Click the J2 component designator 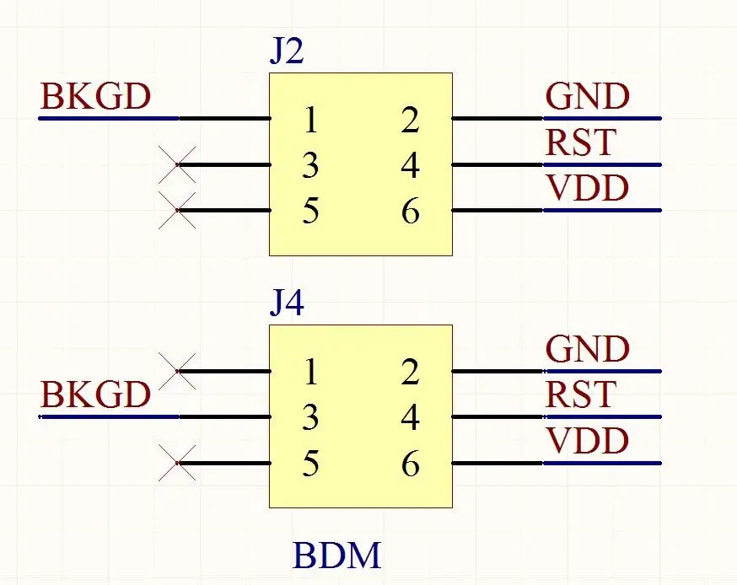click(x=287, y=53)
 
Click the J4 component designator click(x=287, y=303)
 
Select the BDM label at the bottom click(x=337, y=556)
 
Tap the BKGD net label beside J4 click(x=96, y=394)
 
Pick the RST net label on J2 click(x=581, y=142)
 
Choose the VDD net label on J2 click(x=588, y=188)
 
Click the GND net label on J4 click(x=588, y=348)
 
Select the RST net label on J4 click(x=581, y=394)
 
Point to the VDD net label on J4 click(x=588, y=440)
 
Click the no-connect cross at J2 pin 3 click(x=177, y=164)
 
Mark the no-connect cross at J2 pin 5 click(x=177, y=210)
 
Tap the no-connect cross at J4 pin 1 click(x=177, y=370)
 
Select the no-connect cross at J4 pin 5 click(x=177, y=462)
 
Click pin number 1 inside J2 click(x=311, y=121)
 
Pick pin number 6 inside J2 click(x=411, y=212)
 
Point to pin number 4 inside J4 click(x=411, y=418)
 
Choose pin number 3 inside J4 click(x=311, y=418)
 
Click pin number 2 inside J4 click(x=411, y=373)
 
